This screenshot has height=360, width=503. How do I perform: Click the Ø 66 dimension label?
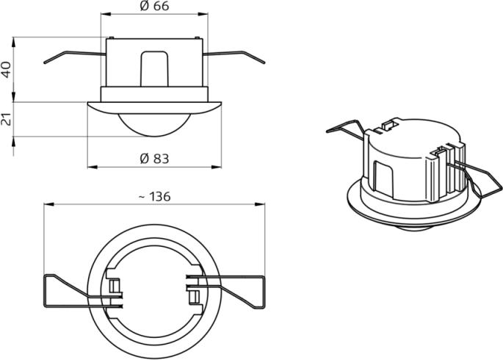coord(154,6)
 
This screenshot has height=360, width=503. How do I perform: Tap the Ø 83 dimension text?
coord(154,159)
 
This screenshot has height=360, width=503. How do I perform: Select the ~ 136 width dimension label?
coord(155,197)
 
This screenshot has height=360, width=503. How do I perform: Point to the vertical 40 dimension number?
coord(7,70)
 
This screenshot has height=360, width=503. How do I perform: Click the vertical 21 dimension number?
coord(7,119)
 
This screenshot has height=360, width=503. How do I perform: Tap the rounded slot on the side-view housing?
coord(154,68)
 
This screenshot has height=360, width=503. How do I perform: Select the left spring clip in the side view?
coord(75,57)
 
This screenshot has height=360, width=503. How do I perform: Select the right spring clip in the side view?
coord(234,57)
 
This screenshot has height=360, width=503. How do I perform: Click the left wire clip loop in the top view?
coord(83,292)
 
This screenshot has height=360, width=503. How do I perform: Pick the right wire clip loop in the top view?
coord(226,292)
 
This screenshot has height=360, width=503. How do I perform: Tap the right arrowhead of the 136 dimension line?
coord(260,204)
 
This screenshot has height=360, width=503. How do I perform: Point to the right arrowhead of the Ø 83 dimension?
coord(217,167)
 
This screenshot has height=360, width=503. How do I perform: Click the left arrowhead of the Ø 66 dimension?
coord(106,13)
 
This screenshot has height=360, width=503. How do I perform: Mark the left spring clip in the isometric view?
coord(346,131)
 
